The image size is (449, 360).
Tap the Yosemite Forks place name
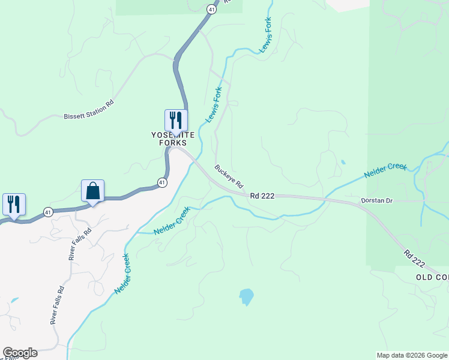(x=173, y=139)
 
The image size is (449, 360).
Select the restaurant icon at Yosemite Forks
(x=176, y=119)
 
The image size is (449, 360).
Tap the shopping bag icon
(x=93, y=190)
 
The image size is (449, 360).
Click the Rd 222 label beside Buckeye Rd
(x=263, y=196)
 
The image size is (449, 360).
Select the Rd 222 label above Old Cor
(x=414, y=259)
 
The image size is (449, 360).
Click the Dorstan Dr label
(x=376, y=200)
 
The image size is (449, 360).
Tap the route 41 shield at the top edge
(x=211, y=9)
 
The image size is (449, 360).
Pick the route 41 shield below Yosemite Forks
(x=163, y=182)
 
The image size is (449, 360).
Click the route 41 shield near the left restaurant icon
(x=47, y=211)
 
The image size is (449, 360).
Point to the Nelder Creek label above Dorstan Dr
(x=386, y=170)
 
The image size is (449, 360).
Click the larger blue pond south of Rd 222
(x=246, y=296)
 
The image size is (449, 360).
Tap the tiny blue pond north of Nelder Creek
(x=343, y=162)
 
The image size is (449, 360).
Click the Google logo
(x=20, y=353)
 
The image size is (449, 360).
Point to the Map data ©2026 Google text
(x=412, y=355)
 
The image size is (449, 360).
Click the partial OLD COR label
(x=432, y=278)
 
